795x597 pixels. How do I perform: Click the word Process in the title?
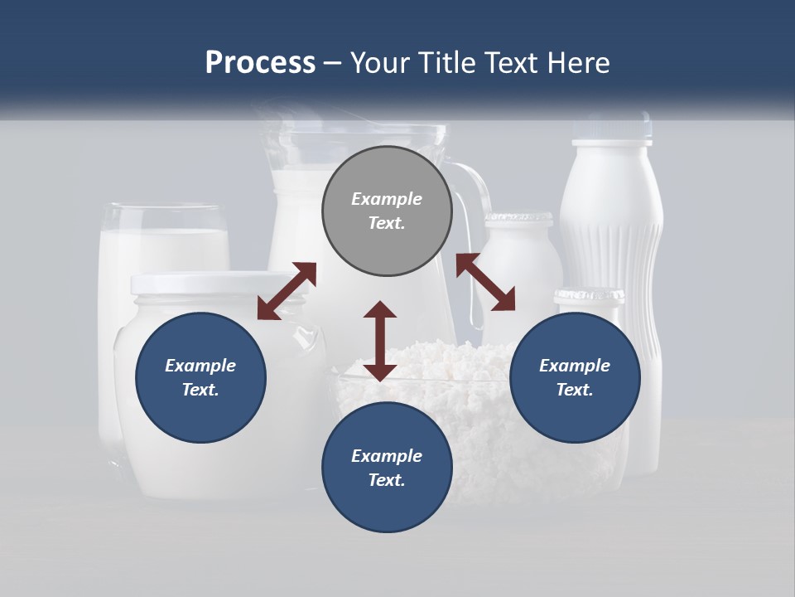coord(260,63)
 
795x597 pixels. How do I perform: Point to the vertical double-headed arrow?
coord(380,341)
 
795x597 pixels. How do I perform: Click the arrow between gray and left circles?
coord(287,291)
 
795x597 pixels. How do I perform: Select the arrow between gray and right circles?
coord(485,282)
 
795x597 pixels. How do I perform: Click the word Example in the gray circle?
coord(387,199)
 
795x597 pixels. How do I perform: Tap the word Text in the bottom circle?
coord(385,480)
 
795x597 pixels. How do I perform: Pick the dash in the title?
coord(333,63)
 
